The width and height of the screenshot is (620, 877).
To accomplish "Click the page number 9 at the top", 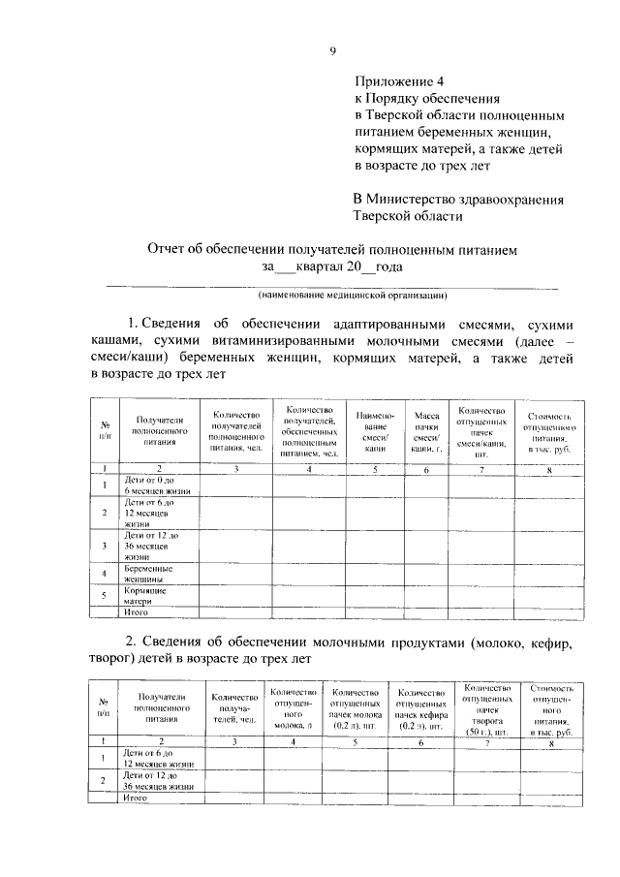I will coord(331,51).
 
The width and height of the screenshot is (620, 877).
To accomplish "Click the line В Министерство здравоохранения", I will coord(458,200).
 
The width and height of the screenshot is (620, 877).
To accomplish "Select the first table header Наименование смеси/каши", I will coord(369,432).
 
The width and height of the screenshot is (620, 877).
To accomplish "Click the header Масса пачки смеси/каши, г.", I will coord(425,432).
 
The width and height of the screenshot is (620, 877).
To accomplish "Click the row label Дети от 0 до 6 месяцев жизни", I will coord(155,485).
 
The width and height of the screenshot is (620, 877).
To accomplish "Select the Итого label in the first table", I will coord(135,612).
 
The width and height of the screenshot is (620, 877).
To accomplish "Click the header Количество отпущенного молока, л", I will coord(294,708).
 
